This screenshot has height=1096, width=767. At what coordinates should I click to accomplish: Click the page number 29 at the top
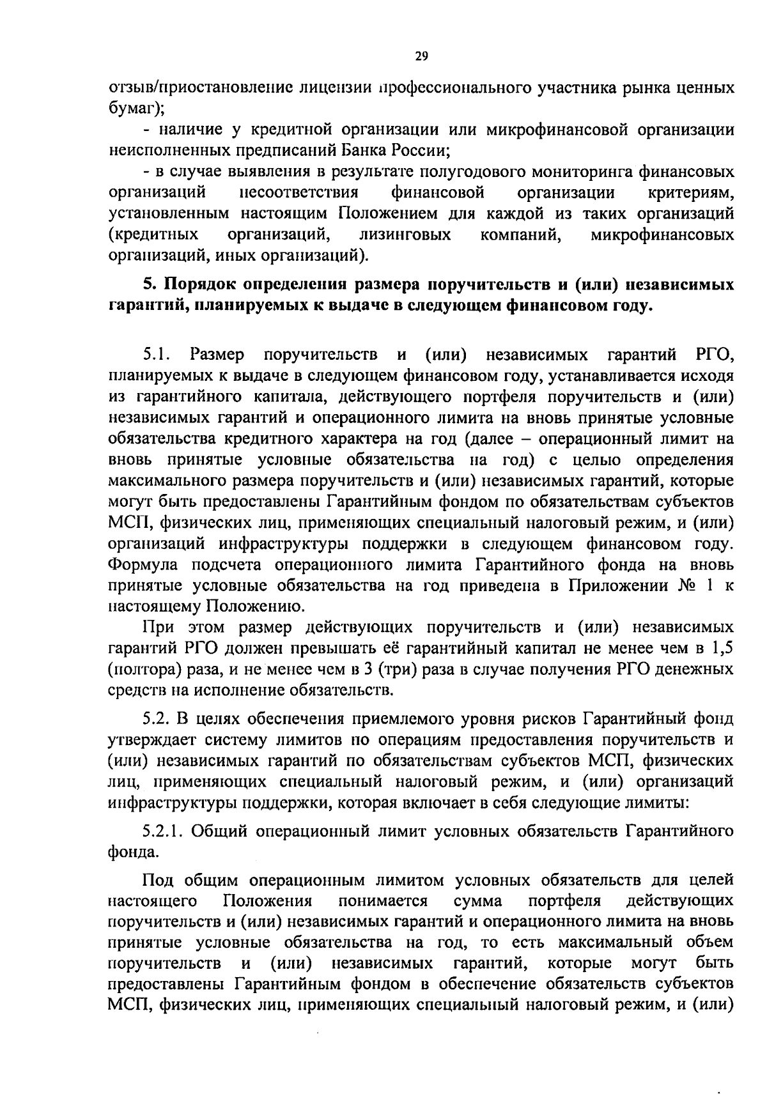coord(421,56)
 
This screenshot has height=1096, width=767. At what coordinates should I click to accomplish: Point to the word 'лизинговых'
coord(405,235)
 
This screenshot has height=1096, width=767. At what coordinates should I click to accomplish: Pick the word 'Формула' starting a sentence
coord(143,565)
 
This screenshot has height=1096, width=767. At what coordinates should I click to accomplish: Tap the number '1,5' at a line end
coord(721,649)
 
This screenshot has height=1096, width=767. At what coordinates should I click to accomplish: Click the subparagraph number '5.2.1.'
coord(164,831)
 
